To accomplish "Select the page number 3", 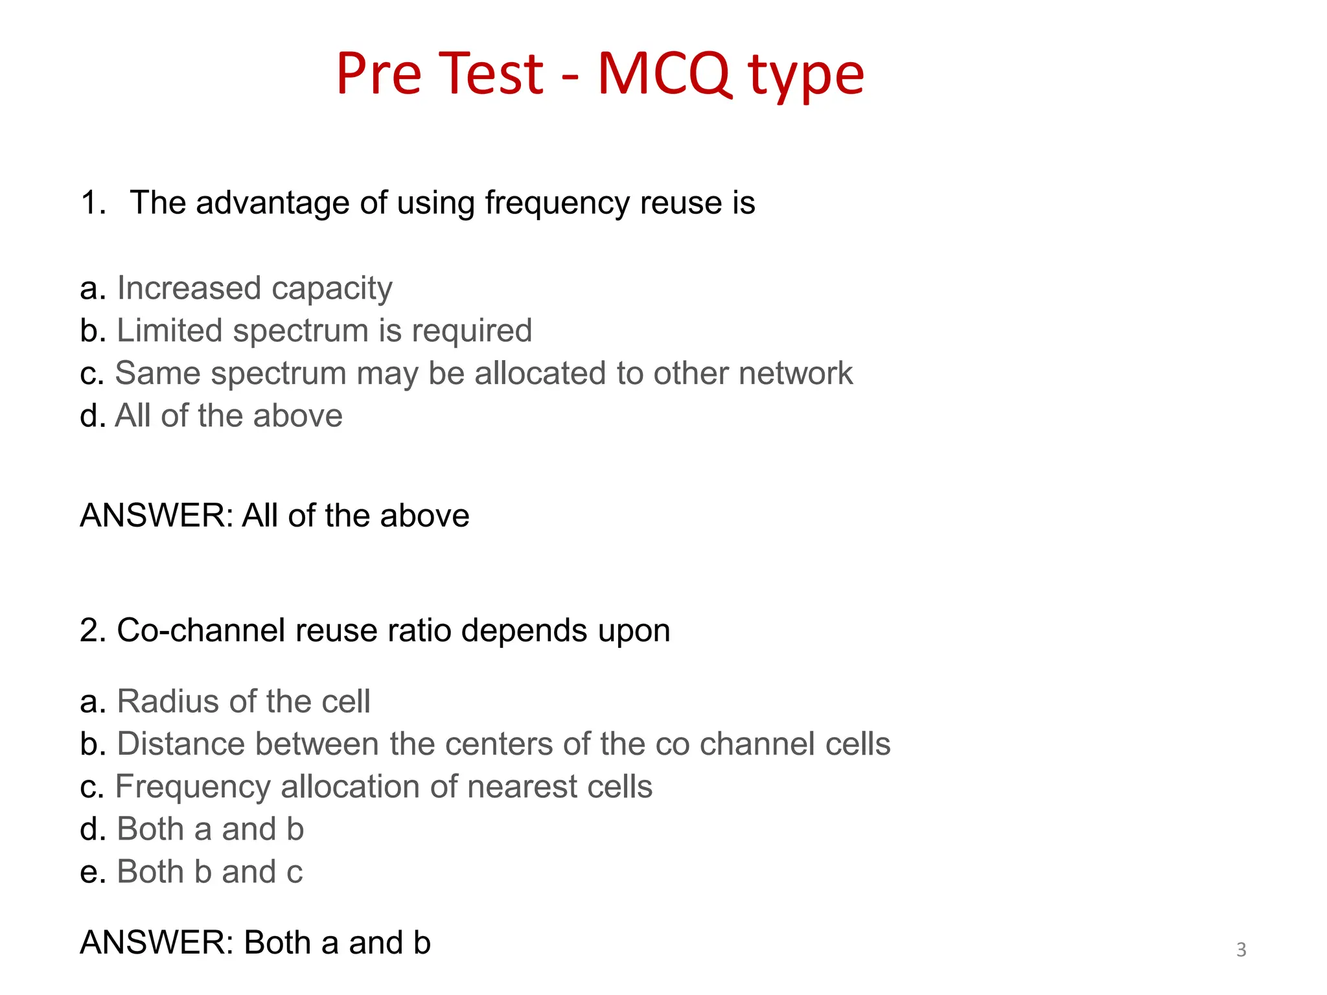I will (x=1241, y=950).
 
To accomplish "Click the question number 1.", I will (x=93, y=203).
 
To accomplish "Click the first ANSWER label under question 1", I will (x=156, y=516).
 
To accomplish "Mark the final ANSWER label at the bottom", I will (x=156, y=943).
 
